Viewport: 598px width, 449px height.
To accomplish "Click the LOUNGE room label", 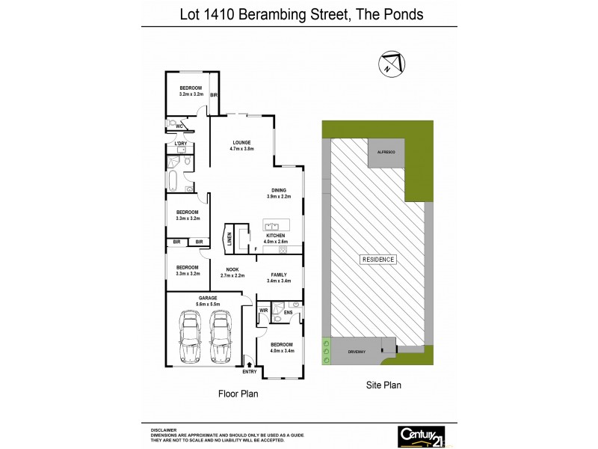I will [x=241, y=142].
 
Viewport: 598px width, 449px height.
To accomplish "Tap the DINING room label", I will [x=278, y=189].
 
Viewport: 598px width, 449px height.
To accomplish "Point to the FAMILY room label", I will [x=278, y=275].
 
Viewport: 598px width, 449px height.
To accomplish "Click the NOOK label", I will [x=232, y=269].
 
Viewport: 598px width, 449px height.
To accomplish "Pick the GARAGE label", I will [x=187, y=298].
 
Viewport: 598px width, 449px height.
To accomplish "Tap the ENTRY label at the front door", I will [x=249, y=372].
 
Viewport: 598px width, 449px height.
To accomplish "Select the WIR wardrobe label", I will [x=264, y=309].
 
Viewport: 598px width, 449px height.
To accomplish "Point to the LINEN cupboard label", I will [x=229, y=239].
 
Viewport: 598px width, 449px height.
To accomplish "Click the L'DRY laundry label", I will [x=180, y=143].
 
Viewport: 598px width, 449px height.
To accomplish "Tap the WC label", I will [x=179, y=126].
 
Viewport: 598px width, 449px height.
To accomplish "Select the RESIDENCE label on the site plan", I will [x=378, y=260].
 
